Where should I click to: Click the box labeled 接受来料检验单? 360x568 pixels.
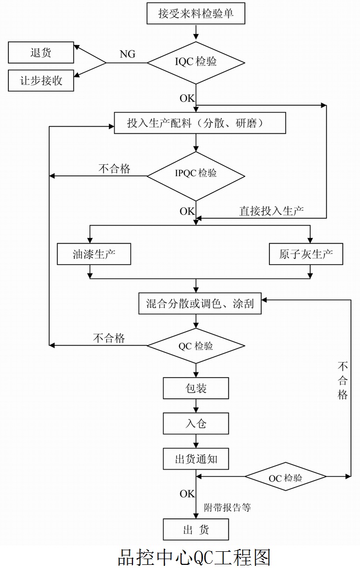[196, 13]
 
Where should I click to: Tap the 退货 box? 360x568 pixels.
[41, 53]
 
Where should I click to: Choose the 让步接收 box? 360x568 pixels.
[41, 81]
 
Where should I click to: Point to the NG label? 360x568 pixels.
[127, 54]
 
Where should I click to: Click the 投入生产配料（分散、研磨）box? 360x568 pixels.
[200, 123]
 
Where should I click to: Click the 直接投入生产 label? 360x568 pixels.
[272, 211]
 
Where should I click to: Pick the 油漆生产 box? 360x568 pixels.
[94, 254]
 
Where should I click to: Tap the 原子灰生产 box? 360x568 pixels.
[306, 254]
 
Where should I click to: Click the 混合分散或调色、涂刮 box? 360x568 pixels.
[200, 304]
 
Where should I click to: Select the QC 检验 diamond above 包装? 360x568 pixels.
[196, 346]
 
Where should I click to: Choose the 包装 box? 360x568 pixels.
[196, 388]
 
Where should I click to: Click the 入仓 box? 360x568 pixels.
[196, 423]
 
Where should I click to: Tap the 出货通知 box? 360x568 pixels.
[196, 459]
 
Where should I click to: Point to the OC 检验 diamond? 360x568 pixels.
[285, 478]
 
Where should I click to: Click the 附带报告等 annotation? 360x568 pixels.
[227, 507]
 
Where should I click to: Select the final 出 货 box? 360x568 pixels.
[196, 529]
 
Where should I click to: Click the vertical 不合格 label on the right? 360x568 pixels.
[343, 380]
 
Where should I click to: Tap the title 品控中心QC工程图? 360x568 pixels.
[194, 555]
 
